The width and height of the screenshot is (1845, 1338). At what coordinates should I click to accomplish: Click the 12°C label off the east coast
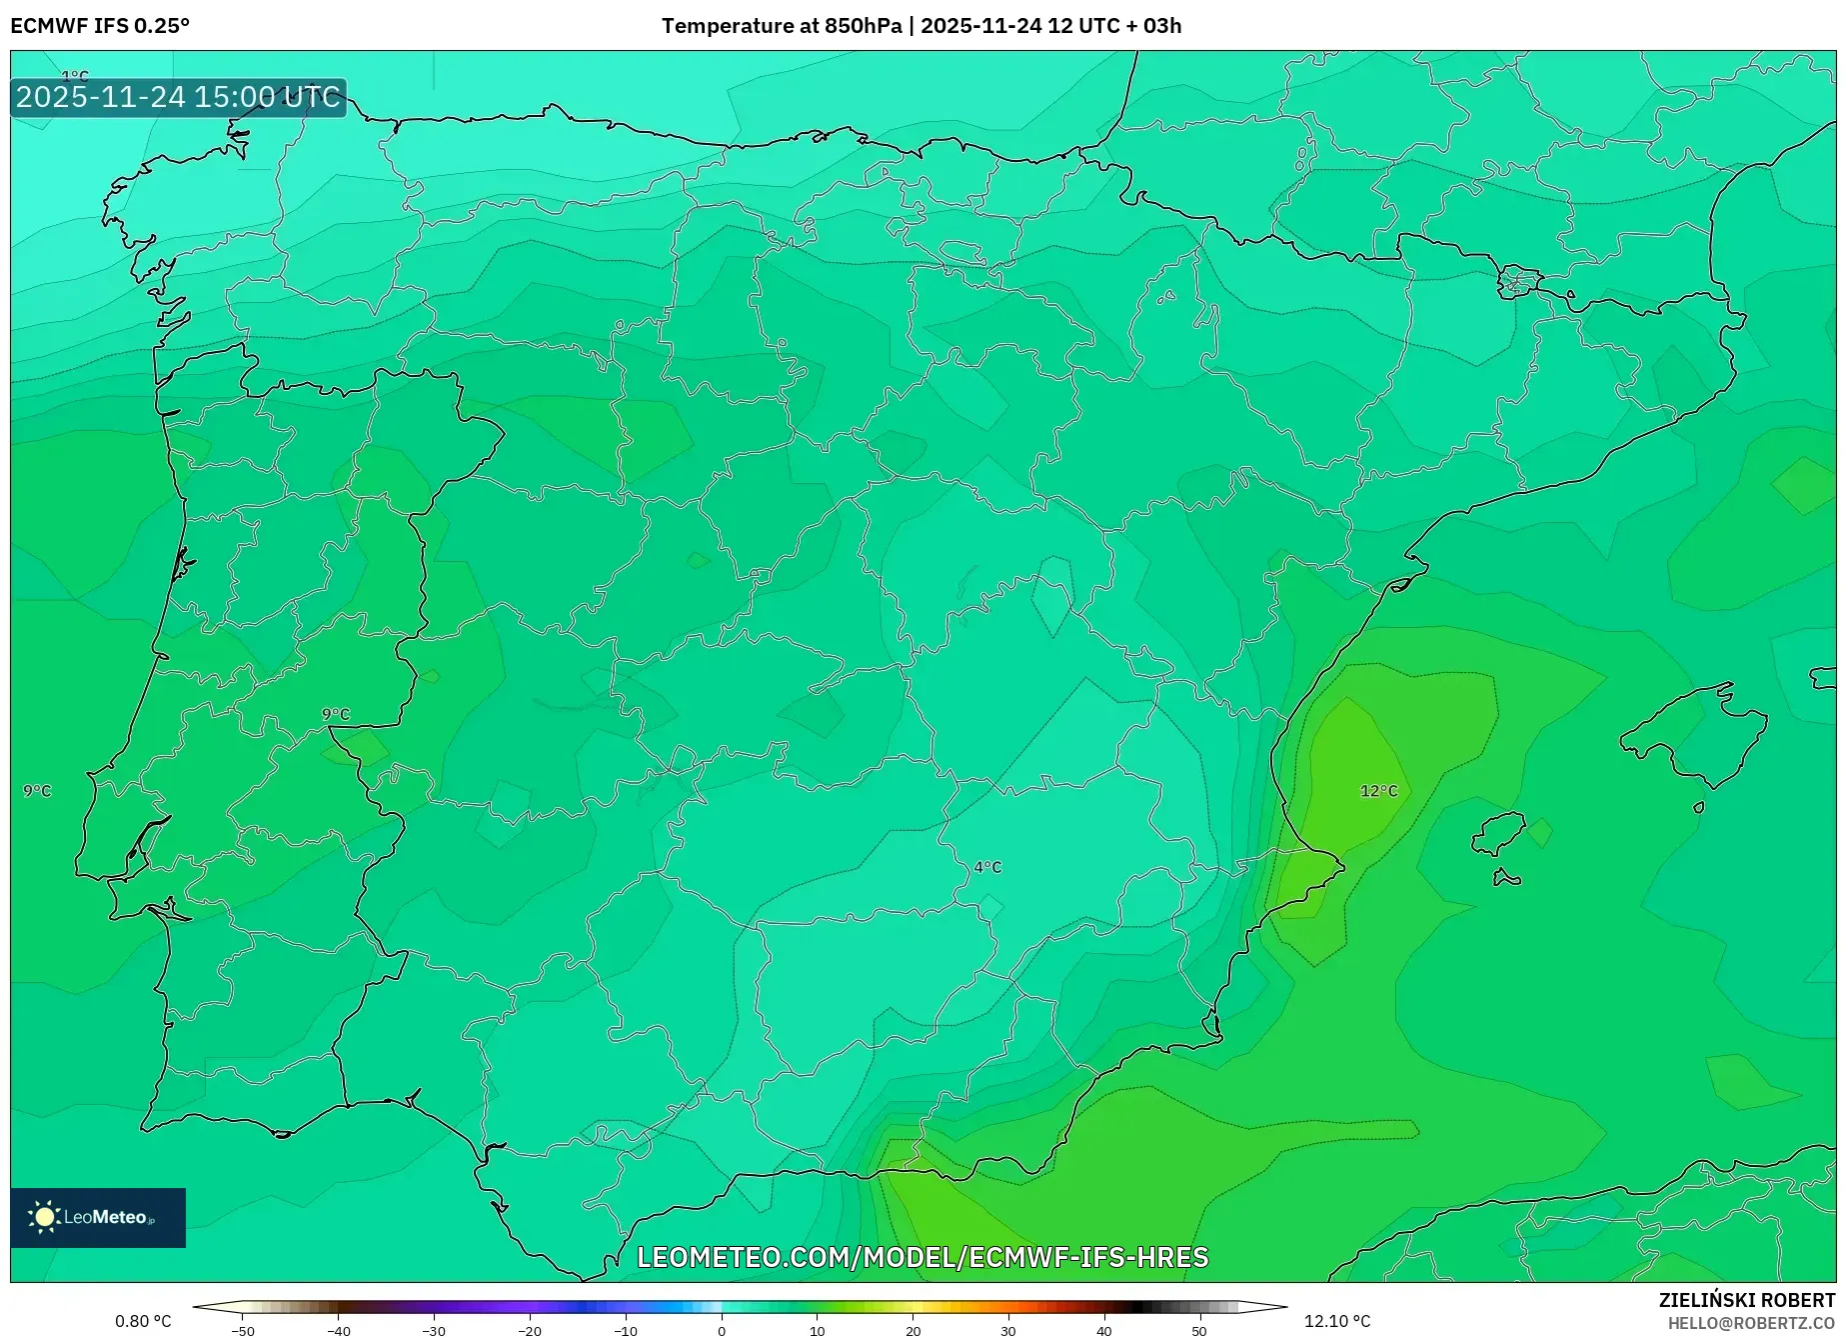(x=1378, y=791)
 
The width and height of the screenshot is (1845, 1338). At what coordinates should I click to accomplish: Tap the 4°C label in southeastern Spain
(x=987, y=867)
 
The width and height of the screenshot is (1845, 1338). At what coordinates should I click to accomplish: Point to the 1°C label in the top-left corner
(x=75, y=76)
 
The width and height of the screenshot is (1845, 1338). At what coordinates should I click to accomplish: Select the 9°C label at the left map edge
(x=37, y=791)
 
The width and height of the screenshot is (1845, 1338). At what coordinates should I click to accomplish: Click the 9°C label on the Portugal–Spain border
(x=336, y=714)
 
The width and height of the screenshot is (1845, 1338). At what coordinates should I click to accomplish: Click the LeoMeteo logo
(x=98, y=1217)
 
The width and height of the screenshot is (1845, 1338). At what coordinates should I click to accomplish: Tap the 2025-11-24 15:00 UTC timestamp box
(x=179, y=97)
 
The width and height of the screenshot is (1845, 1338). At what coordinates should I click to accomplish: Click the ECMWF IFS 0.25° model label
(x=100, y=26)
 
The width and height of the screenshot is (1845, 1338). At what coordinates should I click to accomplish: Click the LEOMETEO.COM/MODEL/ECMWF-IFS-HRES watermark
(x=922, y=1257)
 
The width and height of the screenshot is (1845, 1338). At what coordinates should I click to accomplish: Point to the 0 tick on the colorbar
(x=722, y=1330)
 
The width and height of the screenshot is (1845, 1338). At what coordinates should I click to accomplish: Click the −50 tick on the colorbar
(x=243, y=1330)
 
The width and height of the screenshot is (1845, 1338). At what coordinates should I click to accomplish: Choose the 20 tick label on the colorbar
(x=913, y=1330)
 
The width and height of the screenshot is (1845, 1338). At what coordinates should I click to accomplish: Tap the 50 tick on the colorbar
(x=1199, y=1330)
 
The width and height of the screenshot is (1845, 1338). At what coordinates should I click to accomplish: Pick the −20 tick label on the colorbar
(x=530, y=1330)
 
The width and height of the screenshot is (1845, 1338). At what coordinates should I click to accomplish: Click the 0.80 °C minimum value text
(x=143, y=1321)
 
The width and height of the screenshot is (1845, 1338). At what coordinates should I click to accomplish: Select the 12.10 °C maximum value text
(x=1337, y=1321)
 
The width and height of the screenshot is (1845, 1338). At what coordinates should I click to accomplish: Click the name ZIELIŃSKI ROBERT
(x=1747, y=1300)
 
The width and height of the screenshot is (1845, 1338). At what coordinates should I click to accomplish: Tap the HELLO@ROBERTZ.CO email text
(x=1751, y=1323)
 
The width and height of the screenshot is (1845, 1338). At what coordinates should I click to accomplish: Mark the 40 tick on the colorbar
(x=1103, y=1330)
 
